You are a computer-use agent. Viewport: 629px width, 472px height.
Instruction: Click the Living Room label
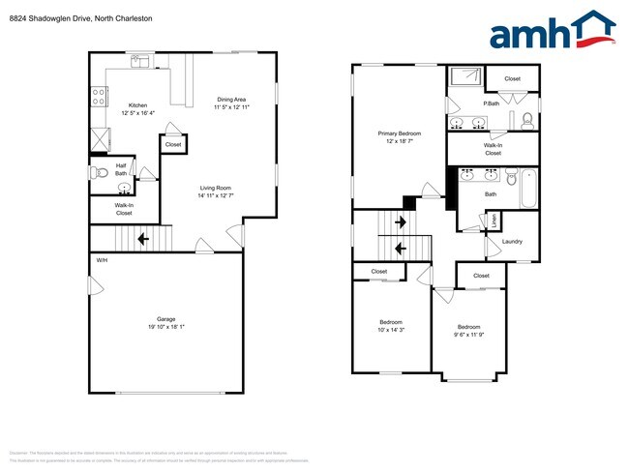[x=217, y=189]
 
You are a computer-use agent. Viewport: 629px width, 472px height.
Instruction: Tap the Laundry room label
[x=512, y=241]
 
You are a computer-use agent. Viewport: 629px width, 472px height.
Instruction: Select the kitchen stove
[x=98, y=96]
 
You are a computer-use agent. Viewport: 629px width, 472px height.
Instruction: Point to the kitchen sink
[x=142, y=62]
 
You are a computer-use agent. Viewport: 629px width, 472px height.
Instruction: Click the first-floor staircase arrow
[x=142, y=238]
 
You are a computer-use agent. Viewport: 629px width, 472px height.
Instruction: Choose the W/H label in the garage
[x=102, y=260]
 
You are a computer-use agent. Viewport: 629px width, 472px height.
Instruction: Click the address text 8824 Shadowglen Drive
[x=68, y=17]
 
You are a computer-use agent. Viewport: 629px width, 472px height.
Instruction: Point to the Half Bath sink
[x=124, y=190]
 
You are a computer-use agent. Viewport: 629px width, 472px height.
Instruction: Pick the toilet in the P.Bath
[x=525, y=120]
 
